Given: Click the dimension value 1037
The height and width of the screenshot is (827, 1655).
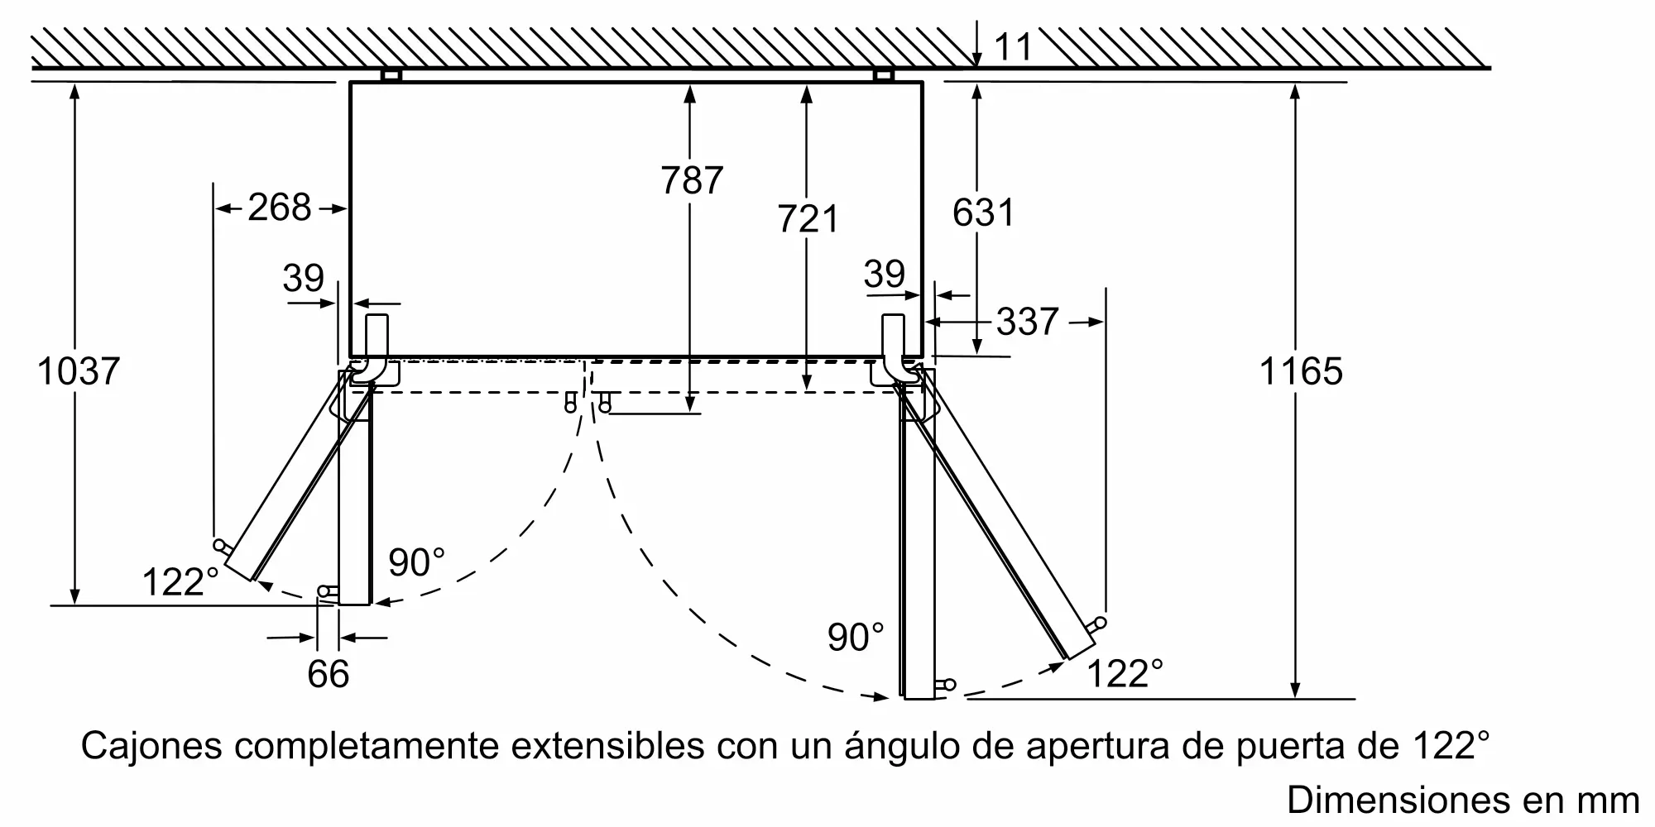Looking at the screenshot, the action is (x=79, y=371).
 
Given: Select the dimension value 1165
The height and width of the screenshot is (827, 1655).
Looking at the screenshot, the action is (x=1300, y=371).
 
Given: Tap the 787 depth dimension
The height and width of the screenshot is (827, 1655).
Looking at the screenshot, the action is (x=692, y=179).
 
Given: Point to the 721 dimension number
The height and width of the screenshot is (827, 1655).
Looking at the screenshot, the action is (x=808, y=218).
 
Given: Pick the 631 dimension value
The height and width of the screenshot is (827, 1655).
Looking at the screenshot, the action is (x=982, y=213).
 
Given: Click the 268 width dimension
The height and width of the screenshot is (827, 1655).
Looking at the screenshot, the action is (x=280, y=207).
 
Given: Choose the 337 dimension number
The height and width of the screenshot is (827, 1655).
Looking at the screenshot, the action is (x=1027, y=321).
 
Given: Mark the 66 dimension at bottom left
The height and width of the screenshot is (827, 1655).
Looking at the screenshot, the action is (x=328, y=673).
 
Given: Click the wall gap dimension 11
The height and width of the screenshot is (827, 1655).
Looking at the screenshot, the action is (x=1013, y=46).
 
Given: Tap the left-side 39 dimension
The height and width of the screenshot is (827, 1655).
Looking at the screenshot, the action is (x=303, y=278).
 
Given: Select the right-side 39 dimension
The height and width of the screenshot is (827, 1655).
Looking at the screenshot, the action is (x=884, y=274).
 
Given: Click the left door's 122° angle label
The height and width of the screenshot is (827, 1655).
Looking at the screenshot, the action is (x=180, y=581).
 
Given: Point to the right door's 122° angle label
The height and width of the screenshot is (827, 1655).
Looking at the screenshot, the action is (x=1124, y=673).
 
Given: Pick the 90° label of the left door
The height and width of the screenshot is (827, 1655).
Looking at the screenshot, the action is (x=416, y=563).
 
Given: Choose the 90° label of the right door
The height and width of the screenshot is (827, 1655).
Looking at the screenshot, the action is (x=855, y=637).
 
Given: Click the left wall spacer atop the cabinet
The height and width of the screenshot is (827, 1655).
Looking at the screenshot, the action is (x=391, y=75).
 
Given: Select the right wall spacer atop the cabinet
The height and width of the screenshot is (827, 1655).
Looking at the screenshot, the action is (x=884, y=75).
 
